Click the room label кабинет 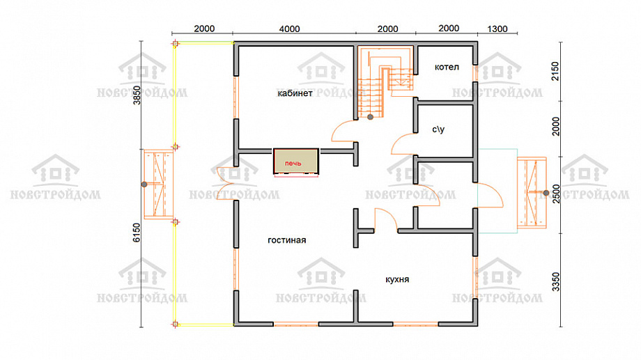(x=295, y=93)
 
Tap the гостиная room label (x=286, y=240)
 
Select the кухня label (x=397, y=279)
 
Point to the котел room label (x=447, y=67)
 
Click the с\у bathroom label (x=438, y=130)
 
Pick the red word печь (x=293, y=164)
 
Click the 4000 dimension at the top (x=289, y=29)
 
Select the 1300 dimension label (x=497, y=29)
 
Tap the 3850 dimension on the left (x=137, y=95)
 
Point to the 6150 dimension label (x=137, y=232)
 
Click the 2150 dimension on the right (x=555, y=71)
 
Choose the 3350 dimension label (x=555, y=282)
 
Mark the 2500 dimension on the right (x=555, y=194)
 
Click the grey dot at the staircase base (x=370, y=117)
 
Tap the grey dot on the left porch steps (x=144, y=185)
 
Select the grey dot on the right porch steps (x=546, y=193)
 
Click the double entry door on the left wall (x=226, y=184)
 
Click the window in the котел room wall (x=475, y=73)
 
